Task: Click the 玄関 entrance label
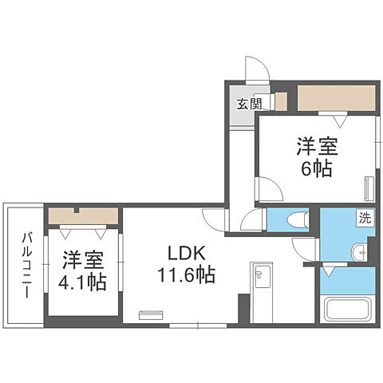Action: (249, 103)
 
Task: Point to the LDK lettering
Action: (188, 255)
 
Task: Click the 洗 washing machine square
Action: (363, 218)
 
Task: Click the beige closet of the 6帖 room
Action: (336, 98)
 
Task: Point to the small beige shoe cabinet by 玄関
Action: (280, 101)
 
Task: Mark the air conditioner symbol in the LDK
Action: (149, 314)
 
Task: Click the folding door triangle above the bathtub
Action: (328, 272)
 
